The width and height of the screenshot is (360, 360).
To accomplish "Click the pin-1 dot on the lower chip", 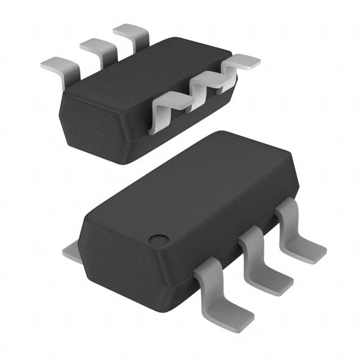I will click(x=159, y=240).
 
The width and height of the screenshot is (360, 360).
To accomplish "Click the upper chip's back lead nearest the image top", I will click(x=132, y=35).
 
